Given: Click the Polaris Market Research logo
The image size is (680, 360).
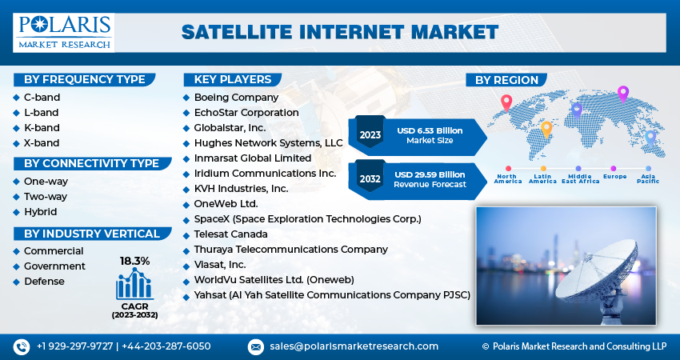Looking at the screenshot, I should pyautogui.click(x=64, y=31).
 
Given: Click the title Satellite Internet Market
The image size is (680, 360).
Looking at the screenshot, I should pyautogui.click(x=340, y=32).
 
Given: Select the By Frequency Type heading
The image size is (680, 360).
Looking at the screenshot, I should pyautogui.click(x=84, y=79).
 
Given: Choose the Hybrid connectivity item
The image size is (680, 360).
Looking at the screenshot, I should pyautogui.click(x=40, y=212).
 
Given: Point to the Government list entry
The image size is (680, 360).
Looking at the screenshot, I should pyautogui.click(x=54, y=266).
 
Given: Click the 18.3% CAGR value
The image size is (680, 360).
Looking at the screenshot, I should pyautogui.click(x=134, y=261).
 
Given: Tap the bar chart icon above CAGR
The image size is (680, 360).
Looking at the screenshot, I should pyautogui.click(x=134, y=284).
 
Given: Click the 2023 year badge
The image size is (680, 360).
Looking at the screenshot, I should pyautogui.click(x=370, y=134).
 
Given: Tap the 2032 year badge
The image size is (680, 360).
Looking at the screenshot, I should pyautogui.click(x=370, y=178).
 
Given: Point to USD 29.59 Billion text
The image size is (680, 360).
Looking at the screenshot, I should pyautogui.click(x=430, y=174).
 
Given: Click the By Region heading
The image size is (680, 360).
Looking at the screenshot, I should pyautogui.click(x=507, y=80).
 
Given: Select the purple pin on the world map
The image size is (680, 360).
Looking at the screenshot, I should pyautogui.click(x=623, y=93).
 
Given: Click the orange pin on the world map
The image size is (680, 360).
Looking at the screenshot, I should pyautogui.click(x=547, y=127).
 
